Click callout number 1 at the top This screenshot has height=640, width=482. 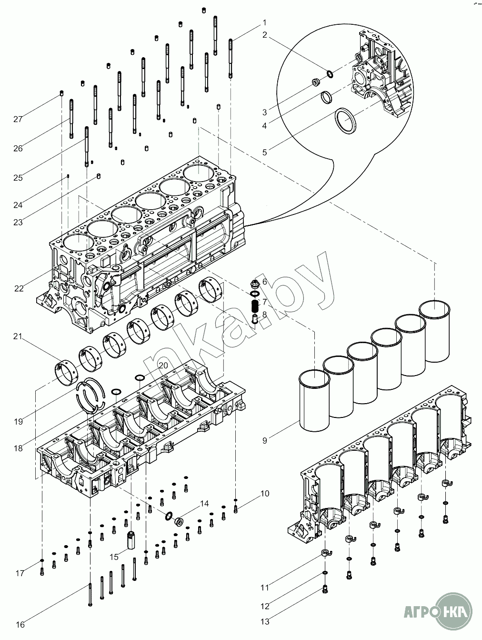point(264,23)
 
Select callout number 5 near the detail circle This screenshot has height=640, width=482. point(265,152)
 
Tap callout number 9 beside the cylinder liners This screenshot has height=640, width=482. point(265,441)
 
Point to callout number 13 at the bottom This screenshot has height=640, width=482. point(265,621)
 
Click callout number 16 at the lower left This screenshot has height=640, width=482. point(20,625)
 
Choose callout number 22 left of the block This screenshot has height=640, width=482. point(19,288)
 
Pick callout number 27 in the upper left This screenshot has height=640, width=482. point(18,119)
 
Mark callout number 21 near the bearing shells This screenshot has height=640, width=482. point(18,336)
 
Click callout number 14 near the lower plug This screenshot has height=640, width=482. point(204,503)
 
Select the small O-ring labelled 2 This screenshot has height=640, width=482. point(330,73)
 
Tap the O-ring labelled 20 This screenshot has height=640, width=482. point(139,378)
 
